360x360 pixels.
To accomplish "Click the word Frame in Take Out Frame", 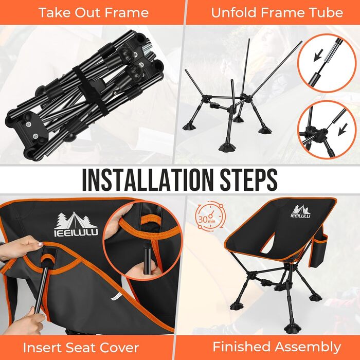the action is tap(129, 12).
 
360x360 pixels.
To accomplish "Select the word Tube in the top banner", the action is tap(327, 12).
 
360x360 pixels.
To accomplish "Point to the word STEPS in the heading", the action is tap(248, 179).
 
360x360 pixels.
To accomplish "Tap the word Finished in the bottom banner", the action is tap(242, 347).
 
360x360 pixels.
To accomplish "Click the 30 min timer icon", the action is tap(209, 216).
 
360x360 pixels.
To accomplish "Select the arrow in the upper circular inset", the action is tap(318, 55).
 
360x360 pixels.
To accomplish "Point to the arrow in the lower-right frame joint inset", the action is tap(343, 129).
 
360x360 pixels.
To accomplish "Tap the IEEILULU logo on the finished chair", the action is tap(300, 211).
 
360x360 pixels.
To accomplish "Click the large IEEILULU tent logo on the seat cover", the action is tap(76, 224).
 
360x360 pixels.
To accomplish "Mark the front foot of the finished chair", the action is tap(292, 330).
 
